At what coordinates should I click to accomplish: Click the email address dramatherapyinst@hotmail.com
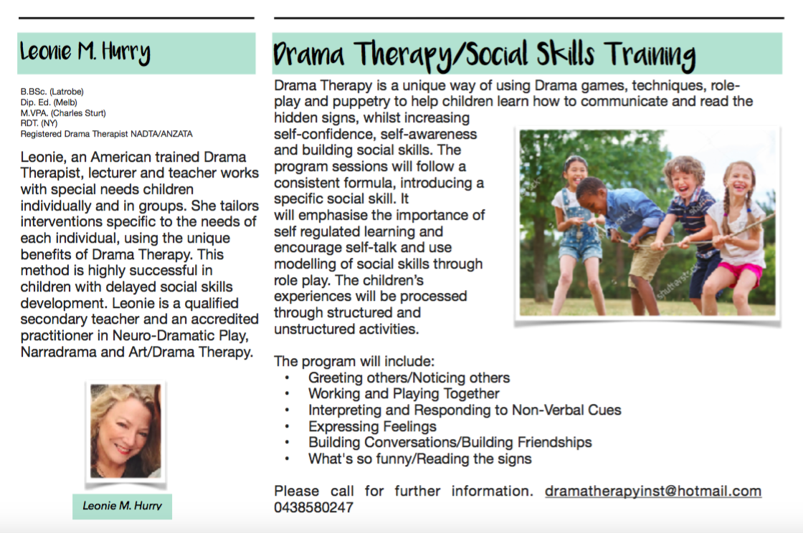coord(653,491)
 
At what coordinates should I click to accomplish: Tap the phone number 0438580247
coord(313,507)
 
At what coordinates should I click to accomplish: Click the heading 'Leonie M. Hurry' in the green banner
coord(85,52)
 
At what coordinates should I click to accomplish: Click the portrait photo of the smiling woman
coord(125,431)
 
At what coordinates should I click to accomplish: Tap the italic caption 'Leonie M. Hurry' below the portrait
coord(122,506)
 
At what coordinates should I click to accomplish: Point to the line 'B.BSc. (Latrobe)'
coord(52,92)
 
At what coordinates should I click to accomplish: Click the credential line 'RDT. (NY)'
coord(39,123)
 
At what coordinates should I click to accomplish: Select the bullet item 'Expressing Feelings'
coord(372,426)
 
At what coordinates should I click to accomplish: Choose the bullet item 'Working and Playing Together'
coord(404,393)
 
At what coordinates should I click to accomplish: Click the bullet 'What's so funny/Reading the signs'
coord(420,458)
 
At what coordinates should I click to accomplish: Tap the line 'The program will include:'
coord(354,361)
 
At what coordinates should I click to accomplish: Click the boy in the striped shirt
coord(691,225)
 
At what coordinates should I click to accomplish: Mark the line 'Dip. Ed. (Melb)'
coord(49,102)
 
